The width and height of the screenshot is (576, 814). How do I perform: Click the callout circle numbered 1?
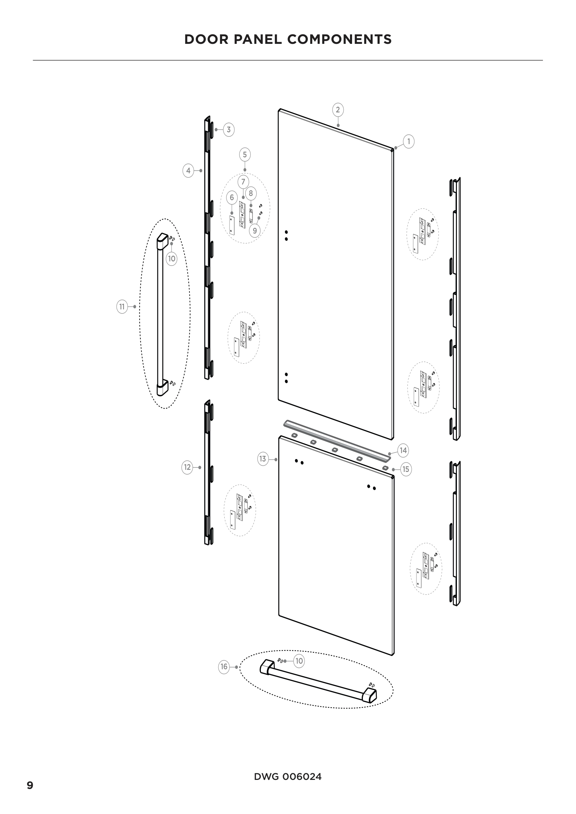point(408,141)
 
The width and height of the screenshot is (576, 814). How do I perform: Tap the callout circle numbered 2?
point(338,110)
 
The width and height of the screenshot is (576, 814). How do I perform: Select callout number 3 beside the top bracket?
point(228,130)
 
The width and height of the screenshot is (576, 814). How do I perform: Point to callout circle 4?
point(188,171)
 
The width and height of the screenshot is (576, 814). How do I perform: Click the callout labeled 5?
point(245,155)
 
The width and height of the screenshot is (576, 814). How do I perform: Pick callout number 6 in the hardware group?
point(232,197)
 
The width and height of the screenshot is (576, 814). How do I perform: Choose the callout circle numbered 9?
point(255,231)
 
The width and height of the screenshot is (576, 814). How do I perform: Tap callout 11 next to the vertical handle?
point(122,306)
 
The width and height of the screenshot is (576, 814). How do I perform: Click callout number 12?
point(187,467)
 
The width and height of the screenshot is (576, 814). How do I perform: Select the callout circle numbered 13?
point(263,459)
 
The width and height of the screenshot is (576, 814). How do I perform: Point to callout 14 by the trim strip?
point(403,451)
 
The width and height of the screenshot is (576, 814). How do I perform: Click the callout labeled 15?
point(406,469)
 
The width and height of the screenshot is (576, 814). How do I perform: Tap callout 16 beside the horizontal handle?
point(224,667)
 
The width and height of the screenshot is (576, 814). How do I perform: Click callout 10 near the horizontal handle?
point(299,661)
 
